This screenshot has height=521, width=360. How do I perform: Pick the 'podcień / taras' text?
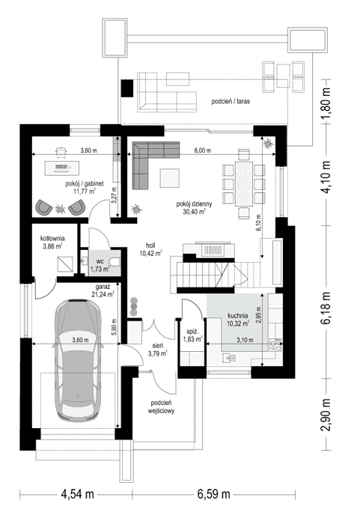coord(231,100)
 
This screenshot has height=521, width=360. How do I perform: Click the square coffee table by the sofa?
coord(170,177)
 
